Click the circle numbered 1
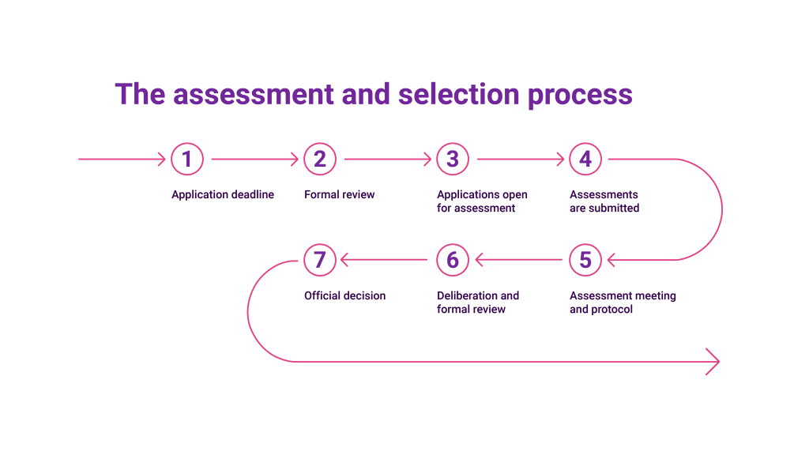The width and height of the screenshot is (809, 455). point(187,160)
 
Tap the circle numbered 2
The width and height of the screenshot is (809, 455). point(320,160)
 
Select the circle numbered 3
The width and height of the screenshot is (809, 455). point(453,160)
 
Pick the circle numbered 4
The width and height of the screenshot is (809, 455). point(585,160)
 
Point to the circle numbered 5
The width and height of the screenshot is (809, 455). point(585,260)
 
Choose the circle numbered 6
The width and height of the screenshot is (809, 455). point(453,260)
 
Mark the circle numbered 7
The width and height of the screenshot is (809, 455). point(320,260)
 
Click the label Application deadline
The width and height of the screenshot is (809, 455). point(223,194)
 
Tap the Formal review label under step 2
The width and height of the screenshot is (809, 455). point(340,194)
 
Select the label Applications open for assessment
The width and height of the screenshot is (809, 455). point(482,201)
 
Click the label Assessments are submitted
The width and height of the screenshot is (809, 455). point(604,201)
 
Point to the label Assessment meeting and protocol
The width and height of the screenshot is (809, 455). point(623,303)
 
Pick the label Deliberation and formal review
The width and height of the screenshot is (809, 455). point(478,303)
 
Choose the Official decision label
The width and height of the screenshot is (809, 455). point(345,295)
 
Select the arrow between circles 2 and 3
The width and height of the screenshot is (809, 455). point(387,160)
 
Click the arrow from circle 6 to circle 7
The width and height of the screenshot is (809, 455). point(386,260)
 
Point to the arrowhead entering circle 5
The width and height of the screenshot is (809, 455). point(611,260)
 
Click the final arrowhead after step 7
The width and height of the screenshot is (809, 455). point(713,362)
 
